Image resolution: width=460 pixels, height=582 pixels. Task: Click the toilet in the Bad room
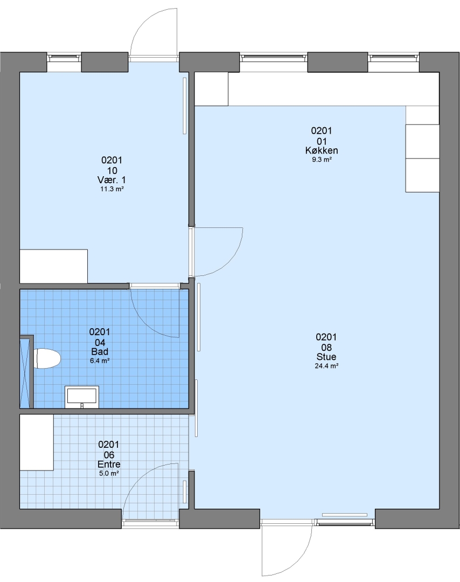(x=47, y=358)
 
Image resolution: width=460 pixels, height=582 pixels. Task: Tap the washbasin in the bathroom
(x=82, y=397)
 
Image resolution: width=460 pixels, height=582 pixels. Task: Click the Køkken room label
(x=322, y=150)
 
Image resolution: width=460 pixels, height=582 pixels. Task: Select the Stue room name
(x=326, y=357)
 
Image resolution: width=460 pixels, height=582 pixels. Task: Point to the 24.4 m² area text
(x=326, y=366)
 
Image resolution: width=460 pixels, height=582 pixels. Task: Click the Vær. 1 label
(x=111, y=180)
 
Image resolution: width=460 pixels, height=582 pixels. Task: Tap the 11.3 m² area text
(x=111, y=189)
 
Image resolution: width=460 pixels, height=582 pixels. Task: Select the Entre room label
(x=109, y=465)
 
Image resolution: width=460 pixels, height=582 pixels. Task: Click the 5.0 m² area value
(x=109, y=474)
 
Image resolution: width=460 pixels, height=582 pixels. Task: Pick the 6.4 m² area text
(x=100, y=361)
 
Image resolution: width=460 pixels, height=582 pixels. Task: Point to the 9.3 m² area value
(x=322, y=160)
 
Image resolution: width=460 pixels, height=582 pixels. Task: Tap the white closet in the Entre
(x=36, y=442)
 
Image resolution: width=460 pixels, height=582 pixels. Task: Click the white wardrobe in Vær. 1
(x=53, y=266)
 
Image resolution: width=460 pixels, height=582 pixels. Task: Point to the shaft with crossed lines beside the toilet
(x=26, y=372)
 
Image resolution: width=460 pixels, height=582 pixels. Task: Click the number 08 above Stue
(x=326, y=348)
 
